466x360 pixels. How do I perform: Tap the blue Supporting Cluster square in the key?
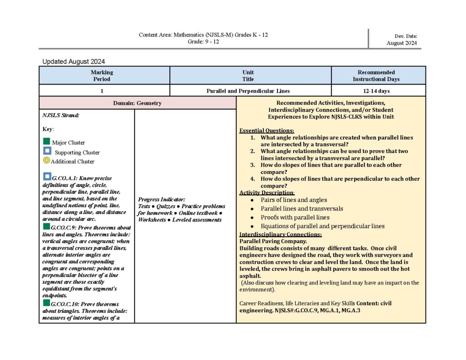click(x=47, y=151)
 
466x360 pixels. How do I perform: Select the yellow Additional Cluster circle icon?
click(x=46, y=160)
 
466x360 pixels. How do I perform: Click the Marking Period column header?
click(x=102, y=76)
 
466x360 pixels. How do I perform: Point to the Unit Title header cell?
click(x=248, y=76)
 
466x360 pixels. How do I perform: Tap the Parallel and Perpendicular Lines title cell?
click(x=248, y=91)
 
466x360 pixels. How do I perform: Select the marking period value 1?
click(x=102, y=91)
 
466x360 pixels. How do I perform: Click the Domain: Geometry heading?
click(x=137, y=103)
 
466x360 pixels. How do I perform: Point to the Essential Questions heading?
click(x=267, y=131)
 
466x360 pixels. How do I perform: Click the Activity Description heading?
click(x=267, y=193)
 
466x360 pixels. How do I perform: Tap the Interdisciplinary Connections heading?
click(x=281, y=234)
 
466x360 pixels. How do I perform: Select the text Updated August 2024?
click(x=74, y=61)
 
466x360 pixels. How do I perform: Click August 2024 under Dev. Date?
click(x=401, y=43)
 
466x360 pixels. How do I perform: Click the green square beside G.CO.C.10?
click(x=46, y=303)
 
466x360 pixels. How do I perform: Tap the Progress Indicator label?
click(x=161, y=199)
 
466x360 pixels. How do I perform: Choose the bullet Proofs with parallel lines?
click(x=295, y=218)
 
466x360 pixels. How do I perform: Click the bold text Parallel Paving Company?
click(x=273, y=241)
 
